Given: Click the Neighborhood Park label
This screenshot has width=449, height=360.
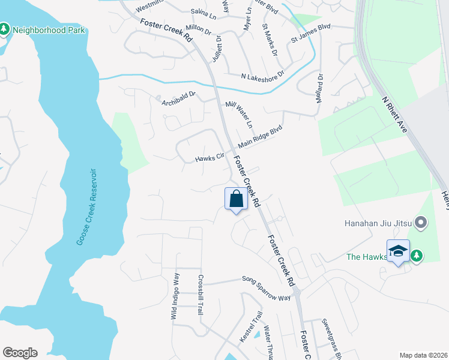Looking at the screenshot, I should coord(49,30).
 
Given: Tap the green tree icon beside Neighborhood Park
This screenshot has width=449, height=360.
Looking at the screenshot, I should coord(4,29).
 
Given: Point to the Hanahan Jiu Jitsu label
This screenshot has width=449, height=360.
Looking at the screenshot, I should coord(381,223).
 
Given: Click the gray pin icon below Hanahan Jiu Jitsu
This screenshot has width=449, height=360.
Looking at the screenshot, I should coord(421,223).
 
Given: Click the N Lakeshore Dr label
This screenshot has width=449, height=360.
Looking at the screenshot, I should coord(262,76).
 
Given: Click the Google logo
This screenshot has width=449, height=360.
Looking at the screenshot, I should coord(20,353).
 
